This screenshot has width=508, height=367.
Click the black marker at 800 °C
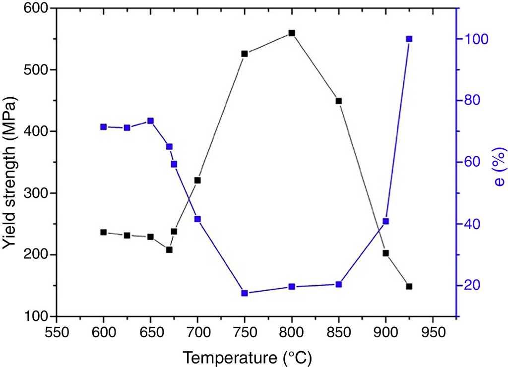(292, 33)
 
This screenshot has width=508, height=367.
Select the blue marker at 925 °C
(409, 39)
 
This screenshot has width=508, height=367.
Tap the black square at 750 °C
(245, 54)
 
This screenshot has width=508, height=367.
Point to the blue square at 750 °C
(245, 293)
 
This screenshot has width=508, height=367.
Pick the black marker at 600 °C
(104, 232)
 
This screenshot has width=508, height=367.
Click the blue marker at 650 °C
(150, 121)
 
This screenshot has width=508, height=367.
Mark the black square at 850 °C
(339, 101)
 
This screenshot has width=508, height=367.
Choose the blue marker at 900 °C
(385, 221)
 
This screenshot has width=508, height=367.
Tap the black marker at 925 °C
(409, 286)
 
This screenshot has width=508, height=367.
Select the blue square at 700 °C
(197, 219)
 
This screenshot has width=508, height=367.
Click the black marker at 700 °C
(197, 180)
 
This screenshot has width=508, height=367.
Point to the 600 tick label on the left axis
(37, 8)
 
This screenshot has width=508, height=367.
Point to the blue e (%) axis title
(498, 169)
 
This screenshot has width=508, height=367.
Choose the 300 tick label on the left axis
(37, 193)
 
